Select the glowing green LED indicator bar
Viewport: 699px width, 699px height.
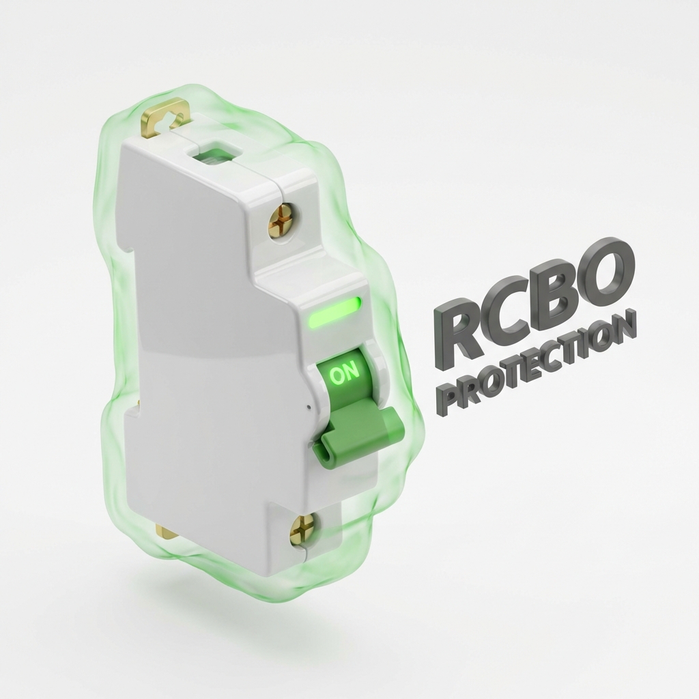tap(334, 313)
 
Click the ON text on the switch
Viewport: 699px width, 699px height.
tap(343, 373)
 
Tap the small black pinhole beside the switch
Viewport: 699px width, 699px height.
tap(309, 407)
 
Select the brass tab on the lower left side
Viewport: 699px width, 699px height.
tap(164, 531)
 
